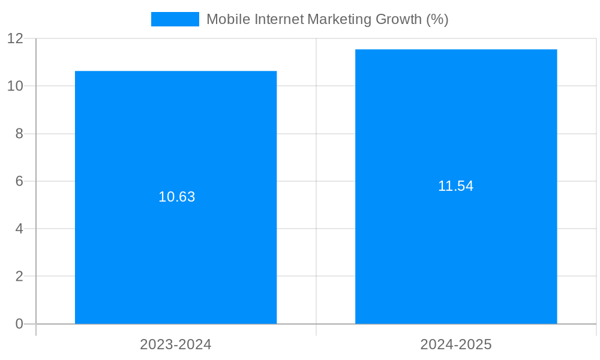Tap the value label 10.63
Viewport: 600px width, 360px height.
point(176,197)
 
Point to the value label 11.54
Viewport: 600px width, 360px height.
point(455,186)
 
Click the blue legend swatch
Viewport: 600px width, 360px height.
point(175,19)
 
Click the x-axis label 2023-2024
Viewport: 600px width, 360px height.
point(176,344)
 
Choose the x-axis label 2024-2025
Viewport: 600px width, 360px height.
point(456,344)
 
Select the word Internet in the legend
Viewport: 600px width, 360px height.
point(279,19)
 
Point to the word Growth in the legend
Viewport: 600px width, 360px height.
point(398,19)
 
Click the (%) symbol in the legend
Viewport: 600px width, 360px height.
point(437,19)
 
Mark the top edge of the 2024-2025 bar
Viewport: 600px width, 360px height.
point(456,50)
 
